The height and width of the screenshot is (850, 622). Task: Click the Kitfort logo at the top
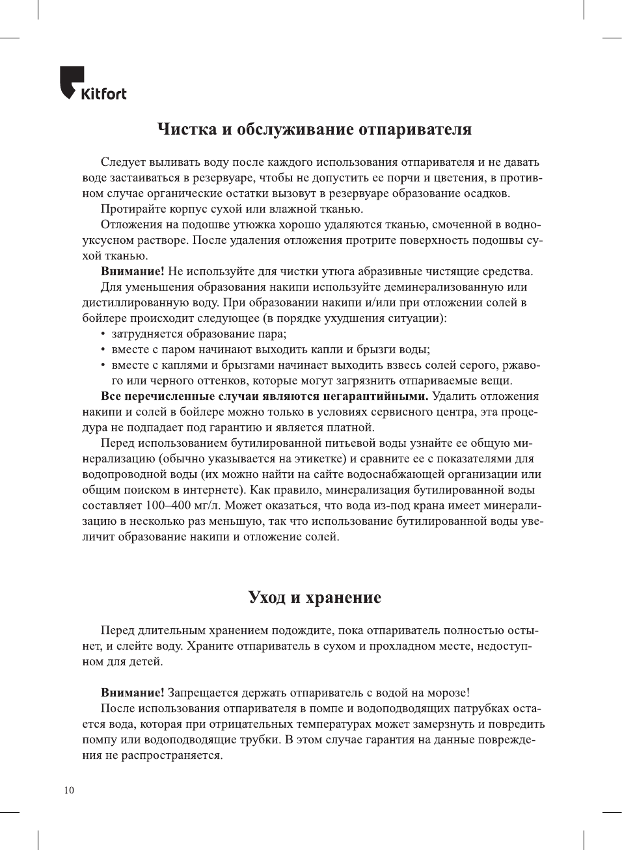(93, 84)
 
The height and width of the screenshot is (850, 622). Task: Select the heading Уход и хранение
(314, 598)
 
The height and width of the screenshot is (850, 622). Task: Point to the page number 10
(69, 790)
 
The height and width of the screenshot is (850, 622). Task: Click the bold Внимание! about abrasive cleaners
(132, 271)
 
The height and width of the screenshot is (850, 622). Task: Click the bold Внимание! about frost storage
(132, 693)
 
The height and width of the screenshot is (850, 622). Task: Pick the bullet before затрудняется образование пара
(103, 334)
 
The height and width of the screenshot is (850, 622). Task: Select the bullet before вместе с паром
(103, 350)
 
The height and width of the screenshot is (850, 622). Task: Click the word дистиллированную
(131, 302)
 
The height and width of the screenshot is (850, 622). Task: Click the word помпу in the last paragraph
(98, 739)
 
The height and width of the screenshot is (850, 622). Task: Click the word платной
(351, 427)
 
